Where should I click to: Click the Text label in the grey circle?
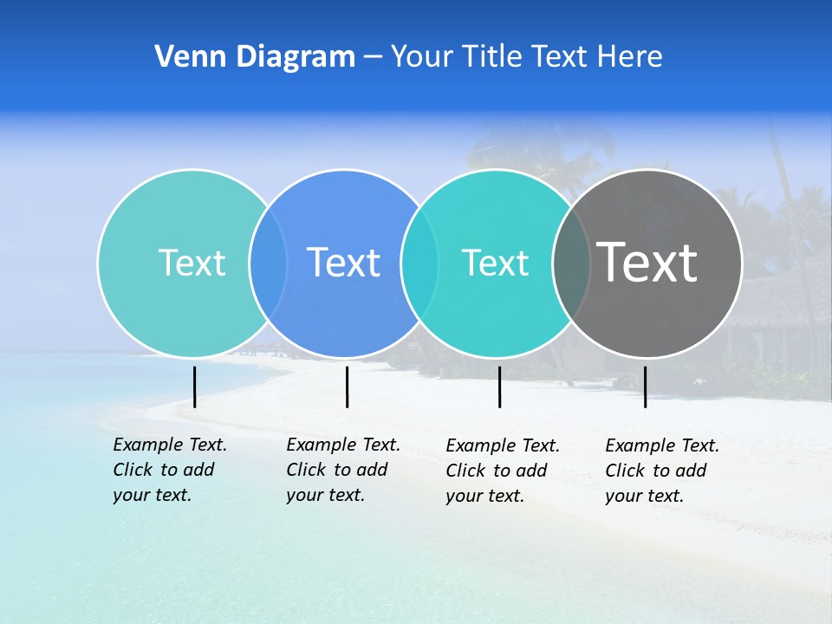(647, 263)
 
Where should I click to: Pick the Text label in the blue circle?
(344, 263)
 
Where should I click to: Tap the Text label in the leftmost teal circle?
(192, 263)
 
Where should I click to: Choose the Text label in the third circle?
(495, 263)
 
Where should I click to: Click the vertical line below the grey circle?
(645, 387)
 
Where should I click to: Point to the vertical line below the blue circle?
(347, 387)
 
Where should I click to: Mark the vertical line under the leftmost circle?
(194, 387)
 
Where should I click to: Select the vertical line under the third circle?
(499, 387)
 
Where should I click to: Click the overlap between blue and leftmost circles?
(268, 263)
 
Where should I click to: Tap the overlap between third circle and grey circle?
(571, 263)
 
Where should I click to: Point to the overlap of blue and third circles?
(419, 263)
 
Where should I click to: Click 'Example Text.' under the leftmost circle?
(170, 445)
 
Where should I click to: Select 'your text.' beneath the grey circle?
(644, 496)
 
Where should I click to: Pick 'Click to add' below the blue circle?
(336, 470)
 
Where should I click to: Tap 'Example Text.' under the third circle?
(503, 445)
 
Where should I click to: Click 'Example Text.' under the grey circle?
(662, 445)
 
